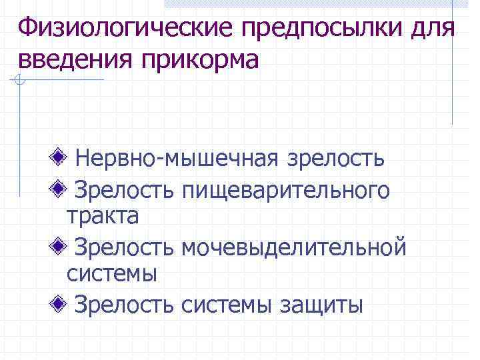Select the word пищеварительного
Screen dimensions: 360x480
click(286, 191)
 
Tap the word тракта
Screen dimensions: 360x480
click(103, 216)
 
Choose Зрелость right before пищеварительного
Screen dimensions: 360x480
click(125, 190)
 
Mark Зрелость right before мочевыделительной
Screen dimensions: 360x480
click(125, 247)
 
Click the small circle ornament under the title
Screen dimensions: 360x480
click(20, 81)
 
